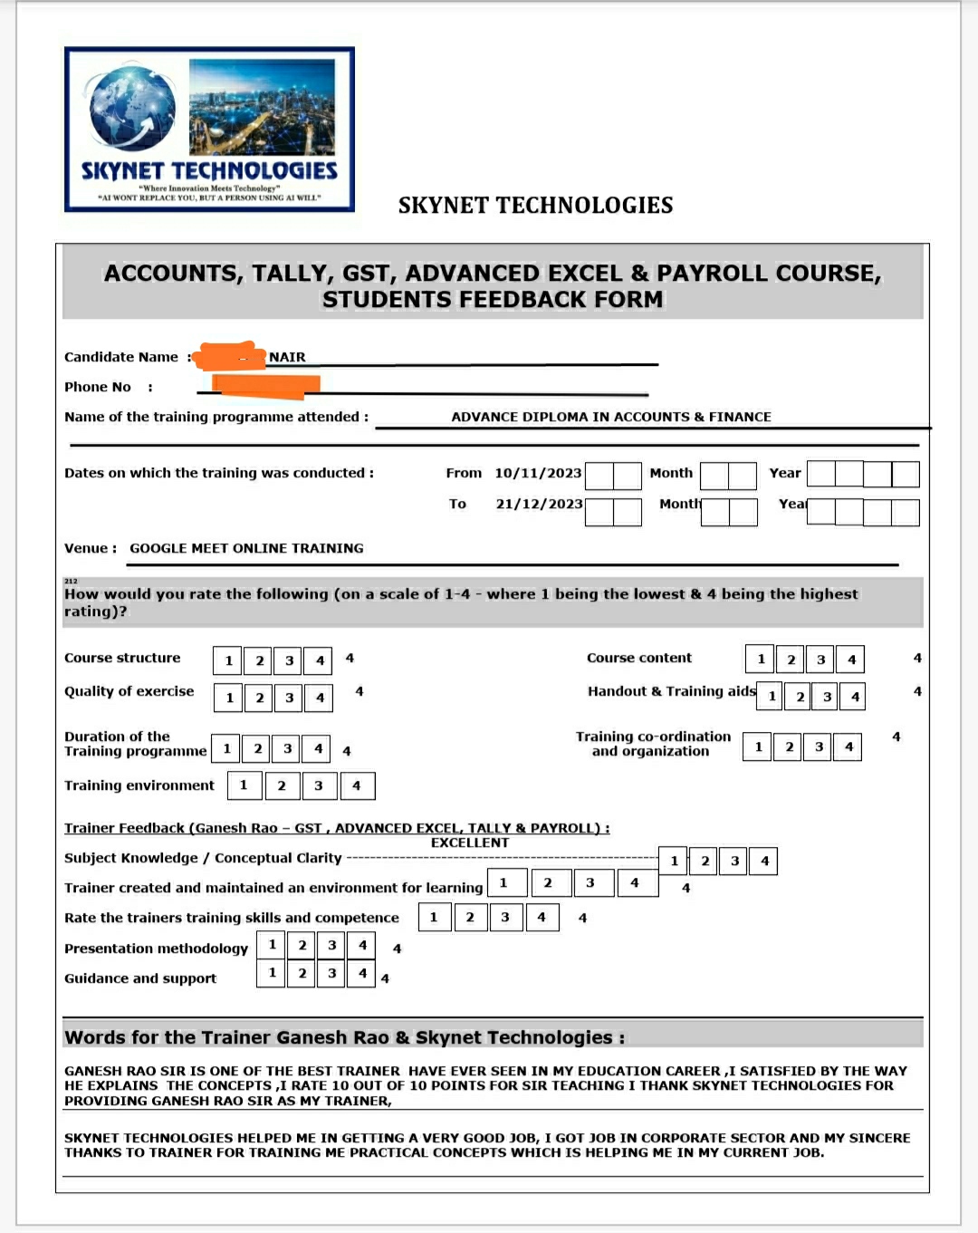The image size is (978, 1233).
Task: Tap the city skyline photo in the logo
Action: [x=262, y=106]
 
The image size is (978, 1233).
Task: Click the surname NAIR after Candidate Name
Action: [x=287, y=357]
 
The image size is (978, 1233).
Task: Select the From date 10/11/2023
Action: [x=538, y=473]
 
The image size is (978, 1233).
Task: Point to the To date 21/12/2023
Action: [x=539, y=504]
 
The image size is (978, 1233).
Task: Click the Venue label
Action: [x=90, y=548]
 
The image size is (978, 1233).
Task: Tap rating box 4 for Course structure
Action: [x=319, y=660]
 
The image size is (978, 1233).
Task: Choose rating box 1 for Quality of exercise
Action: [x=229, y=698]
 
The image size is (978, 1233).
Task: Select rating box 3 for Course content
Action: [x=820, y=660]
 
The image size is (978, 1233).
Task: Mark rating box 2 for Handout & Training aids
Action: [x=800, y=697]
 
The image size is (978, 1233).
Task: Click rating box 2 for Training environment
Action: [x=282, y=785]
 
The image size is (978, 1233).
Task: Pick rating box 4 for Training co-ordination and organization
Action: [x=848, y=747]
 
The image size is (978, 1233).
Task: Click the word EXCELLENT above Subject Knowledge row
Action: [x=470, y=843]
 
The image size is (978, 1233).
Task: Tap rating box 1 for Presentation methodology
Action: [x=272, y=945]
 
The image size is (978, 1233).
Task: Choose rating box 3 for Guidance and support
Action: [x=331, y=973]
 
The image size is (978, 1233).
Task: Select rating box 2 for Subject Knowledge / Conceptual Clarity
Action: [x=705, y=861]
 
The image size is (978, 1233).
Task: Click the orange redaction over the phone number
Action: [x=264, y=386]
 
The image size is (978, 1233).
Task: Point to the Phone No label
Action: [x=98, y=387]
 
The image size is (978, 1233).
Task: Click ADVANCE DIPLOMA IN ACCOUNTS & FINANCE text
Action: [x=611, y=417]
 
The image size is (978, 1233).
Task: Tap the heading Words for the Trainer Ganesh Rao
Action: [x=344, y=1037]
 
